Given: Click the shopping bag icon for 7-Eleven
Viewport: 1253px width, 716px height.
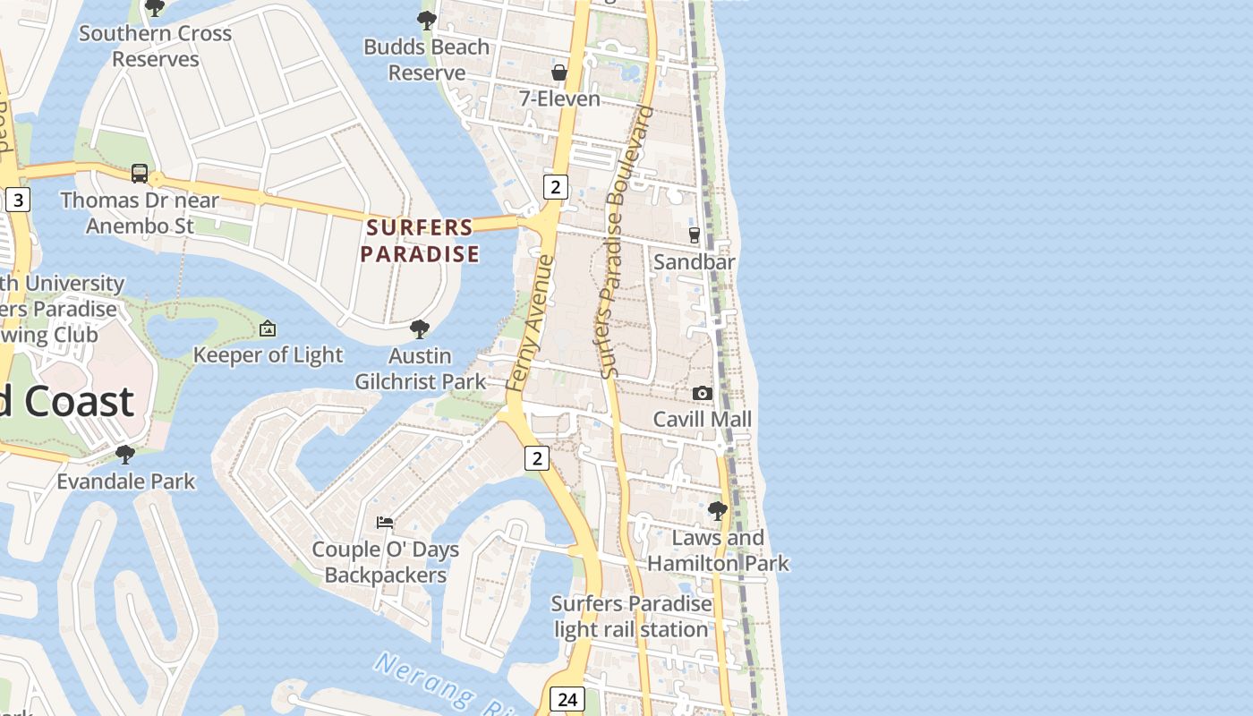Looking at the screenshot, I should (559, 72).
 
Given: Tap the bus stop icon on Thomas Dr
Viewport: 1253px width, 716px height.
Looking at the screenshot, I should (140, 174).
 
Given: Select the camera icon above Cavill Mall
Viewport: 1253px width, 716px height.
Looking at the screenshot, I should (703, 393).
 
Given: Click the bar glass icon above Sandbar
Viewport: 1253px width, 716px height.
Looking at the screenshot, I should (695, 235).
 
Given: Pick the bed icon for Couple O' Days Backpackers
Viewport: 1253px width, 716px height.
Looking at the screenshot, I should (385, 523).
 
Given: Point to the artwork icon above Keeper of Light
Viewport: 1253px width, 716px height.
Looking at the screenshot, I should (267, 329).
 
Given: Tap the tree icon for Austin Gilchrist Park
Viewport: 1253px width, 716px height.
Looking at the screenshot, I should (419, 329).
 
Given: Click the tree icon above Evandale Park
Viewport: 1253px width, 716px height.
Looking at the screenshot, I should (125, 455).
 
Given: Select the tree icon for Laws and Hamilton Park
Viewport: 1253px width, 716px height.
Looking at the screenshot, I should (718, 511).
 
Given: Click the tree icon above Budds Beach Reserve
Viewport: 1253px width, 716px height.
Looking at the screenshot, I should (427, 20).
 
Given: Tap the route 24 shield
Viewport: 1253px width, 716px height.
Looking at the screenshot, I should (567, 699).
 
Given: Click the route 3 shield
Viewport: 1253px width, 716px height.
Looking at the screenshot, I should (17, 200).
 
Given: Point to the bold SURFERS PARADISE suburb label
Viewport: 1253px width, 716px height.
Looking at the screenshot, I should (420, 241).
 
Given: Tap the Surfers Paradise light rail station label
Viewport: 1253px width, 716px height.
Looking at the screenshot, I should (631, 617).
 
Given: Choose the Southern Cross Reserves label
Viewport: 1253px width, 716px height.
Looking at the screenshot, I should (156, 47).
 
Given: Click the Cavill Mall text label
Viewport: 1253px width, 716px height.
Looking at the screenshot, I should (702, 419).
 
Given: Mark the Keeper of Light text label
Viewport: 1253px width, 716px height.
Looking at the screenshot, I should (268, 355).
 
